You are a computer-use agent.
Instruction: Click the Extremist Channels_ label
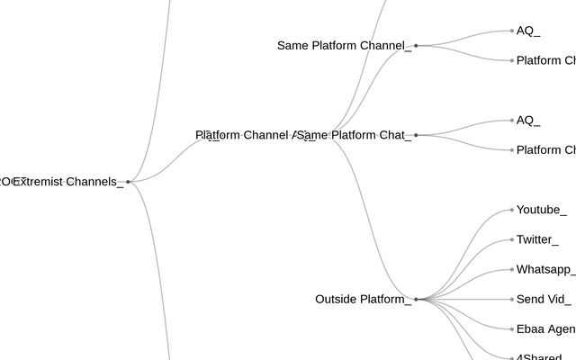[68, 182]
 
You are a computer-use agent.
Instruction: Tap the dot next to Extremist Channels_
[128, 182]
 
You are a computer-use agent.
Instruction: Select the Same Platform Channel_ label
[344, 45]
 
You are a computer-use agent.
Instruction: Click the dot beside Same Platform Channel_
[416, 45]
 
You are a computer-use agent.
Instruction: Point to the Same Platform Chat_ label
[355, 135]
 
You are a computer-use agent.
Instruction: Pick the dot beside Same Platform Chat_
[416, 135]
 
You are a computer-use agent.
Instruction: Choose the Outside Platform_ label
[363, 299]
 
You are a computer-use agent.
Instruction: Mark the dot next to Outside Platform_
[416, 299]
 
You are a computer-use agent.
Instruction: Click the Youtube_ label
[541, 210]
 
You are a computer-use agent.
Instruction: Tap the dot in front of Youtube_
[512, 210]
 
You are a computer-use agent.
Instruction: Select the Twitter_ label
[536, 239]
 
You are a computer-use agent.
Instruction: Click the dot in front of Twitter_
[512, 239]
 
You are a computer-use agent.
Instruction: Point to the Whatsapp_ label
[545, 269]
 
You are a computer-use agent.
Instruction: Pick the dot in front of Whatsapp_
[512, 269]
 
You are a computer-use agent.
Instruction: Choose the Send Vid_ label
[542, 299]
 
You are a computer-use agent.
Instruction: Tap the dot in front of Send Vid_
[512, 299]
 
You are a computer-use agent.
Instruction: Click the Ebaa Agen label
[545, 328]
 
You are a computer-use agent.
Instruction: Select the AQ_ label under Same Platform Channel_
[528, 31]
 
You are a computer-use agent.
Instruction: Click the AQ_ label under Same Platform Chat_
[528, 120]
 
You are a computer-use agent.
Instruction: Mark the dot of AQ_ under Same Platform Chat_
[512, 120]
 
